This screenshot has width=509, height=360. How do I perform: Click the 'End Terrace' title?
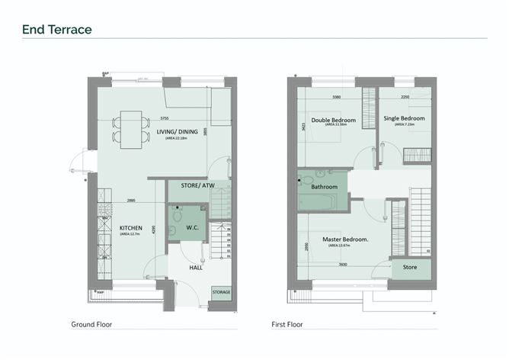point(57,30)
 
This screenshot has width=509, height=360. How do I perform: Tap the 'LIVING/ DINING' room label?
point(178,132)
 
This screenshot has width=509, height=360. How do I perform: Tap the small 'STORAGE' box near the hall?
point(221,291)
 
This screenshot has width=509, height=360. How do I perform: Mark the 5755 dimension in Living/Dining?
point(165,118)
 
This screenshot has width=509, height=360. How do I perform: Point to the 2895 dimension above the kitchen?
point(130,201)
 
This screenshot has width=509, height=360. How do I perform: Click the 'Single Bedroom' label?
point(404,119)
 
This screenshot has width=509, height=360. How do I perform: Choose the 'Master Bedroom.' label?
point(340,239)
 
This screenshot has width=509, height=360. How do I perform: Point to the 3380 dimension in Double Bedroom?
point(337,98)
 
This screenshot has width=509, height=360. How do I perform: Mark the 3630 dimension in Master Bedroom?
point(343,264)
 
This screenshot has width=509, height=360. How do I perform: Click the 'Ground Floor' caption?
point(91,324)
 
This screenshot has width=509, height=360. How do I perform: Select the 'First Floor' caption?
point(287,324)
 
